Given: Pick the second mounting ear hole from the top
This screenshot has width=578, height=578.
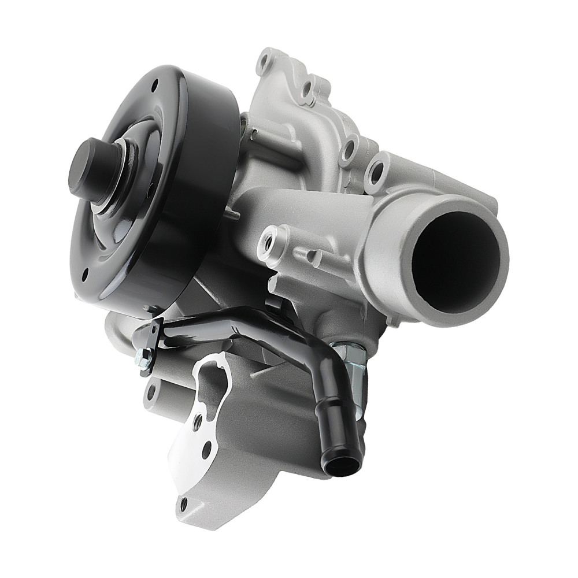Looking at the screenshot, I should click(x=307, y=88).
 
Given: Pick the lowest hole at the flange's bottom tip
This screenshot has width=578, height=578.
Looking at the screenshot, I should click(x=184, y=505).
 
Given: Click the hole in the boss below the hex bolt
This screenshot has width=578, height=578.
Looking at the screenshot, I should click(x=151, y=393).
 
